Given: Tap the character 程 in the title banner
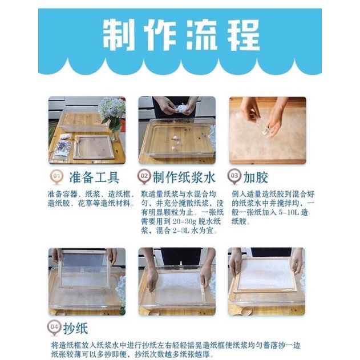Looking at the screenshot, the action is (244, 35).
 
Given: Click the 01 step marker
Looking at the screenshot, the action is (56, 177).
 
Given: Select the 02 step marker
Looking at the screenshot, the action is (144, 177).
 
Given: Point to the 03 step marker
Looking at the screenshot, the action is (234, 177).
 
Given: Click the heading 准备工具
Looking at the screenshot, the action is (94, 177).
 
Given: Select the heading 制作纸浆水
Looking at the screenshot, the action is (184, 177).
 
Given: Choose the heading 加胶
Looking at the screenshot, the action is (256, 177).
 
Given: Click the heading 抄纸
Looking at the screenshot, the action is (75, 329).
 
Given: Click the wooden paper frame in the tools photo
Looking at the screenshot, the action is (94, 147).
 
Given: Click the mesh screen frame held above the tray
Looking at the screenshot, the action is (84, 269).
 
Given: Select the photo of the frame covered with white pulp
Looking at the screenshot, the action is (266, 281).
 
